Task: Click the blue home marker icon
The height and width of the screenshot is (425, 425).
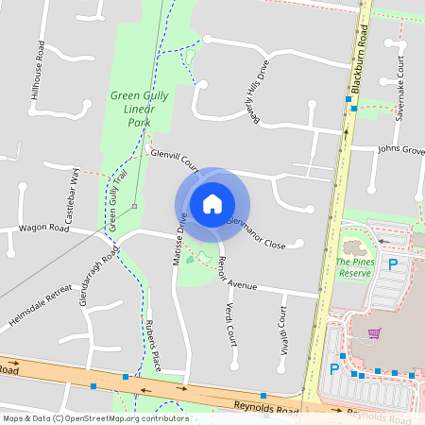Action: [x=212, y=204]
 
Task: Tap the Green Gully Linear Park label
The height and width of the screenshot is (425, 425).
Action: [x=131, y=109]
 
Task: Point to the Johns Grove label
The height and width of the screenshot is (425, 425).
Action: [x=401, y=149]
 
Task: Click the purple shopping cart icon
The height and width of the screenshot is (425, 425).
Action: [x=375, y=333]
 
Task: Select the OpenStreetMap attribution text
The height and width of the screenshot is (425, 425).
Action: [x=95, y=417]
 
